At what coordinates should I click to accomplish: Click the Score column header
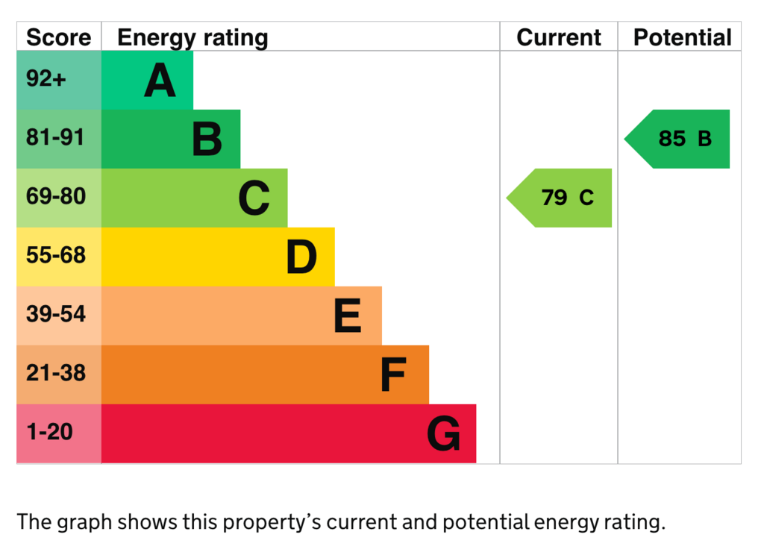tap(58, 37)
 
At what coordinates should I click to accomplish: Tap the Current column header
tap(558, 37)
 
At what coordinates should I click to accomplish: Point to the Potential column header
tap(682, 37)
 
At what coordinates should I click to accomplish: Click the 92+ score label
tap(46, 78)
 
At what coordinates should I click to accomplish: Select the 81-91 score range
tap(55, 137)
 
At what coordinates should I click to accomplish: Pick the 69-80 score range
tap(56, 196)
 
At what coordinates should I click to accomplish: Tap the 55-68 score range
tap(56, 255)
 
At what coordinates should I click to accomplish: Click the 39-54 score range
tap(56, 314)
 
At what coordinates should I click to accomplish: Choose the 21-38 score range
tap(56, 373)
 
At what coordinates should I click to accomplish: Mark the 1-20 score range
tap(50, 432)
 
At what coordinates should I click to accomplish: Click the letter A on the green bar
tap(160, 81)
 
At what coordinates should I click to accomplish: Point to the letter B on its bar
tap(207, 139)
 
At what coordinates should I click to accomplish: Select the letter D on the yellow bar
tap(301, 257)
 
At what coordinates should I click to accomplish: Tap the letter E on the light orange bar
tap(348, 316)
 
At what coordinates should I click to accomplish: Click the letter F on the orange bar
tap(392, 374)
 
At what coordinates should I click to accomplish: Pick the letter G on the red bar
tap(443, 433)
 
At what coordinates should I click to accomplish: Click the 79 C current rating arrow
tap(559, 198)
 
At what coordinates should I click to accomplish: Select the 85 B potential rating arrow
tap(677, 139)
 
